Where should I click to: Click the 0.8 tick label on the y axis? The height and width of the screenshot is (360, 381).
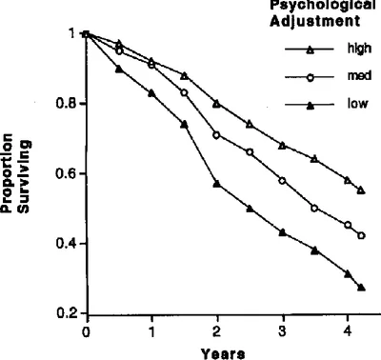(x=68, y=104)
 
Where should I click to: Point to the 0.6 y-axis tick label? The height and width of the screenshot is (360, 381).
(x=68, y=173)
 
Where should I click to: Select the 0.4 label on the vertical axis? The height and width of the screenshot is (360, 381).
(x=68, y=244)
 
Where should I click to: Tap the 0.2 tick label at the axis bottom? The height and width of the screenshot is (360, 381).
(x=68, y=313)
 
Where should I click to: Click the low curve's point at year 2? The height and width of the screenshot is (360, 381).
(x=217, y=183)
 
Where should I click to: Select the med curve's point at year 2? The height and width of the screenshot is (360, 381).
(x=217, y=134)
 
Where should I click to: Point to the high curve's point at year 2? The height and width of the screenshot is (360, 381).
(x=217, y=103)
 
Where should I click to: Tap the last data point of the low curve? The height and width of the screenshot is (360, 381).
(x=361, y=287)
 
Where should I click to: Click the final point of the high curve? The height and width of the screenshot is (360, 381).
(x=361, y=190)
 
